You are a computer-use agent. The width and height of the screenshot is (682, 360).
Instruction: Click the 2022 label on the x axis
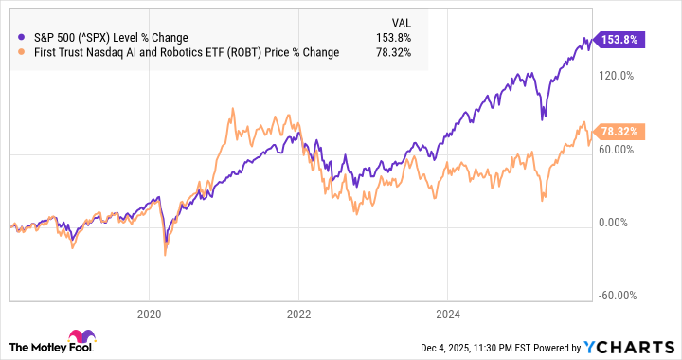pyautogui.click(x=298, y=313)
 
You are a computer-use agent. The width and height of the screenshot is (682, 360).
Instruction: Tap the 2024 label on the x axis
pyautogui.click(x=448, y=313)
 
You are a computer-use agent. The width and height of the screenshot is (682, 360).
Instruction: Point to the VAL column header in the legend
pyautogui.click(x=404, y=23)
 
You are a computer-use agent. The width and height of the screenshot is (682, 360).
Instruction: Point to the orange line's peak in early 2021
pyautogui.click(x=232, y=109)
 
